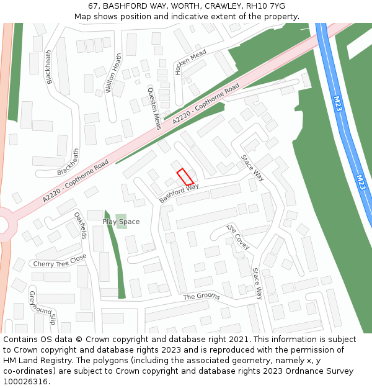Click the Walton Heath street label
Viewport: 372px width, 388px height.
pyautogui.click(x=113, y=73)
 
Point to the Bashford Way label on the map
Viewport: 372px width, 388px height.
pyautogui.click(x=179, y=193)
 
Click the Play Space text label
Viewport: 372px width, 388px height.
pyautogui.click(x=121, y=222)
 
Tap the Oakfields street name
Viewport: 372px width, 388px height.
pyautogui.click(x=81, y=226)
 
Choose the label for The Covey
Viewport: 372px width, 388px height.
pyautogui.click(x=238, y=237)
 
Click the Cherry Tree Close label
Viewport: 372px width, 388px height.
pyautogui.click(x=60, y=263)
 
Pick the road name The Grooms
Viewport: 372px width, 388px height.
pyautogui.click(x=201, y=297)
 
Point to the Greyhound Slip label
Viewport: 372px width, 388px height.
pyautogui.click(x=43, y=307)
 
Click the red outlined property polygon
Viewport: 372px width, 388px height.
pyautogui.click(x=185, y=177)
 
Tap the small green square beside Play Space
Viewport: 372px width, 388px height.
pyautogui.click(x=122, y=221)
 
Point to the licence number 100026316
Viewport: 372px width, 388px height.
pyautogui.click(x=25, y=382)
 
